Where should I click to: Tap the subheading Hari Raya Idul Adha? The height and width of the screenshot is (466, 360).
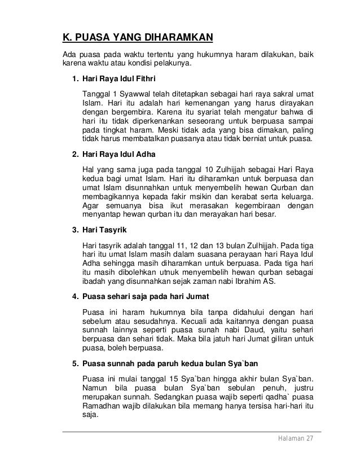(x=117, y=154)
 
